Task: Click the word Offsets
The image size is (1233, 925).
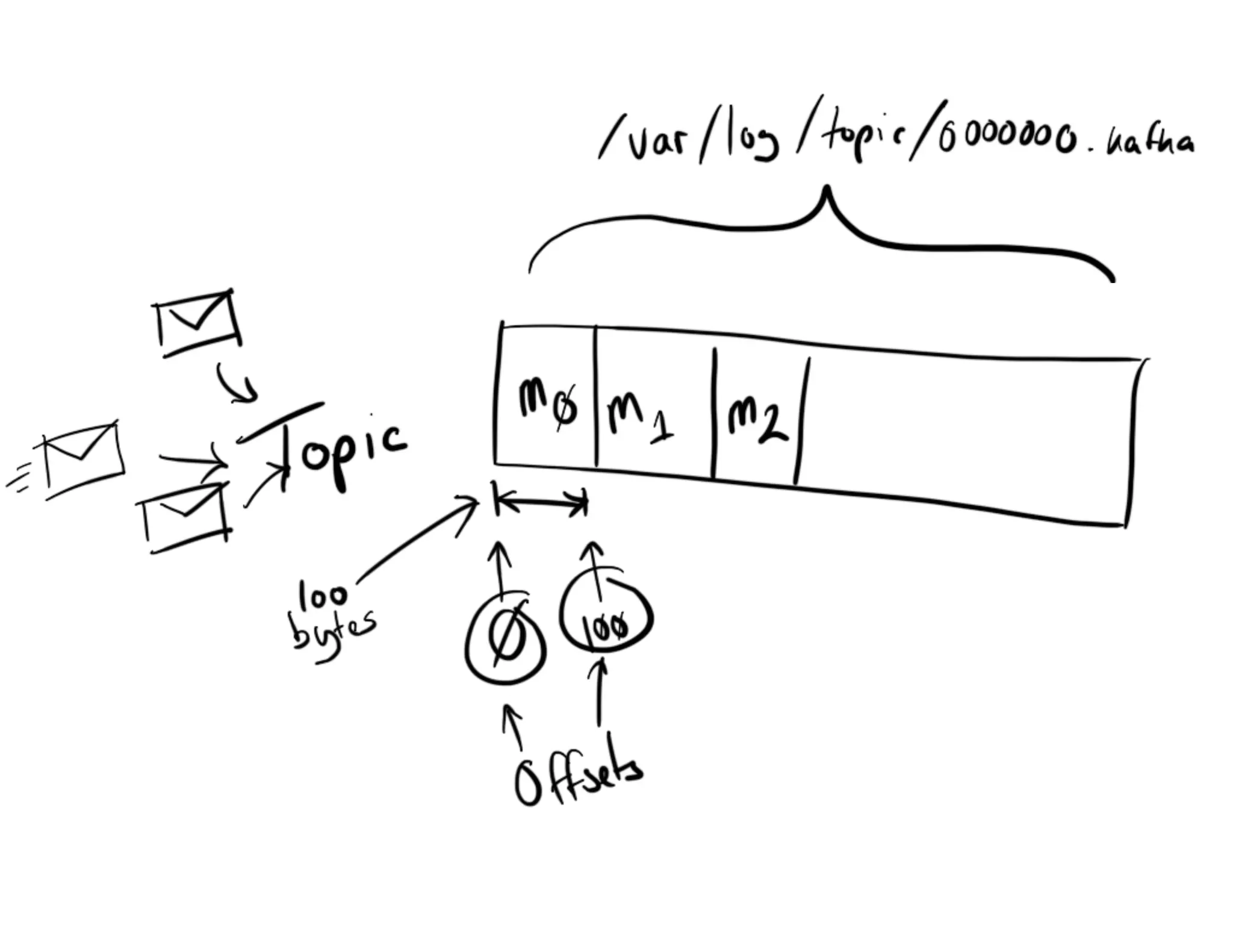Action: [x=578, y=777]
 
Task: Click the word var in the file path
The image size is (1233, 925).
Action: [x=656, y=145]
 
